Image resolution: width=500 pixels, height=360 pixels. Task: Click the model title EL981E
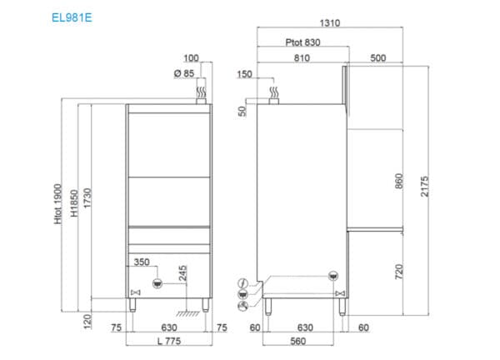72,17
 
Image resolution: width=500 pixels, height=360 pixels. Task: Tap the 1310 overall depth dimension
330,23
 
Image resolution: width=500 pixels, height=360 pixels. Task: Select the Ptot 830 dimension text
303,42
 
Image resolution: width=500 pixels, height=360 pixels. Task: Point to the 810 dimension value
302,58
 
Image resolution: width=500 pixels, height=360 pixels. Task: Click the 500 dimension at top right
378,58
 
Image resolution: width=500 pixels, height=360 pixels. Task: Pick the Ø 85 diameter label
184,73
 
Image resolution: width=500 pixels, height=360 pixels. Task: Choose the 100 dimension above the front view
191,58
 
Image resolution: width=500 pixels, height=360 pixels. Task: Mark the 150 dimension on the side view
244,74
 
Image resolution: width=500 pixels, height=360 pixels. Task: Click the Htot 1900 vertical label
57,204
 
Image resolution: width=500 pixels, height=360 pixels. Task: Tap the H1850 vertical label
74,203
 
